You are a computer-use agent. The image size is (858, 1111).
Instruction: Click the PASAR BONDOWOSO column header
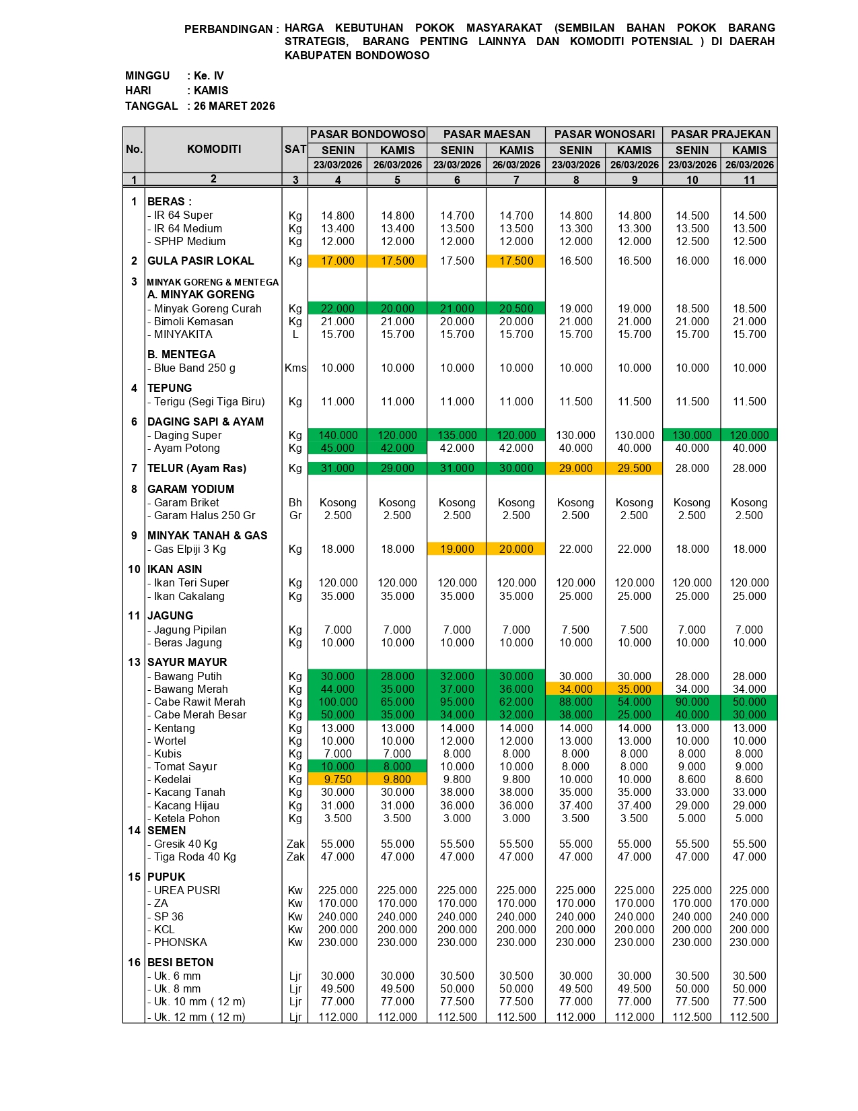tap(367, 135)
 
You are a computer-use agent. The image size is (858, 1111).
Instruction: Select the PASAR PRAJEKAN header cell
tap(720, 135)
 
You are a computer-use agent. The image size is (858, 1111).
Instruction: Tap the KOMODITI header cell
tap(213, 149)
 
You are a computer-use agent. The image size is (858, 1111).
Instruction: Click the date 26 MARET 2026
tap(234, 106)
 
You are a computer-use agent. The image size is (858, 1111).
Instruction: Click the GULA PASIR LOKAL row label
tap(201, 261)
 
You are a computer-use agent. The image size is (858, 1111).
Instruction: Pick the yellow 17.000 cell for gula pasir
tap(337, 261)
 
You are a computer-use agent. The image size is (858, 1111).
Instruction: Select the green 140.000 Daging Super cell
tap(337, 435)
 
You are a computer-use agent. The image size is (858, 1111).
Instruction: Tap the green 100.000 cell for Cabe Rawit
tap(337, 702)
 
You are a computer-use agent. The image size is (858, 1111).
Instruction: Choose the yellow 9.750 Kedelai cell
tap(337, 779)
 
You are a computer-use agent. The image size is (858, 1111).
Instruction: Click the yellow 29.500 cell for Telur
tap(634, 468)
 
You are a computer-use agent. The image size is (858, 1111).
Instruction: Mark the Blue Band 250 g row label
tap(194, 368)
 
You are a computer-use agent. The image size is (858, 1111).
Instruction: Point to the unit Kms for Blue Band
tap(295, 368)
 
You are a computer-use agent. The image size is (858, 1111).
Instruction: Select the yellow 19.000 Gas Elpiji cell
tap(457, 549)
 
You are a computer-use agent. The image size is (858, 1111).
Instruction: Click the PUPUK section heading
tap(166, 877)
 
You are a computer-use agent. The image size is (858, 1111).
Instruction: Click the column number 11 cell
tap(749, 180)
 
